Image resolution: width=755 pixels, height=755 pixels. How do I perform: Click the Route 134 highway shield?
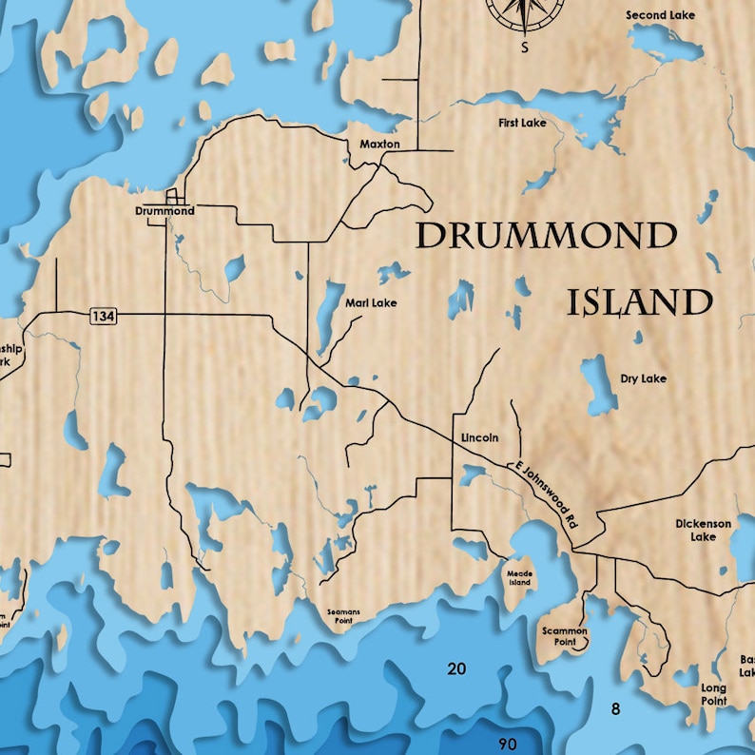(104, 315)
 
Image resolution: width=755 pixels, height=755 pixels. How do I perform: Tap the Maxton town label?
(379, 145)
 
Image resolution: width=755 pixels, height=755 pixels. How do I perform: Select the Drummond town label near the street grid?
(165, 211)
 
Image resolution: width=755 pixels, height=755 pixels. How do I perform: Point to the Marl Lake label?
(371, 303)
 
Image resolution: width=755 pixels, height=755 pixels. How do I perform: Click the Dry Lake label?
(643, 378)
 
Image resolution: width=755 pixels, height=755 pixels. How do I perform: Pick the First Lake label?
(522, 124)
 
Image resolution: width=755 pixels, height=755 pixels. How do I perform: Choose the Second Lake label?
(660, 15)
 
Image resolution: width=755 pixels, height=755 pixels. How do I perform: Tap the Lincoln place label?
(479, 437)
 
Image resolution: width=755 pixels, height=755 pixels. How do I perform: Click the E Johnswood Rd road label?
(546, 494)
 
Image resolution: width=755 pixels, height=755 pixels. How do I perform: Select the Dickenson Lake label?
(704, 530)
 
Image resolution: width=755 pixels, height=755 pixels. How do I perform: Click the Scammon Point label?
(565, 636)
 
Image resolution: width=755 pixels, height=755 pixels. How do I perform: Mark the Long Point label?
(713, 694)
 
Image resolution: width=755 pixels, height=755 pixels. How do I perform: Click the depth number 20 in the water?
(456, 669)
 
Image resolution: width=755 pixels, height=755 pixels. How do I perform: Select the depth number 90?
(508, 743)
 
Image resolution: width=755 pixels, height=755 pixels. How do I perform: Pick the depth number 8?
(615, 708)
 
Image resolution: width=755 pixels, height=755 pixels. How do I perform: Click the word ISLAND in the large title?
(640, 302)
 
